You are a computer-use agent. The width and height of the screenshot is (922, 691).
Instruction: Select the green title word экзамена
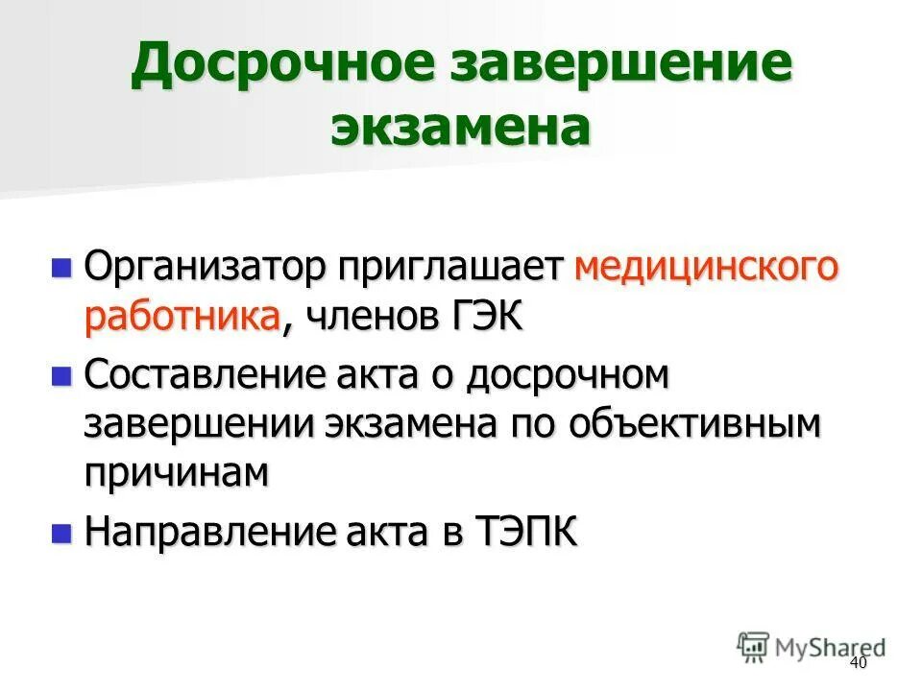click(460, 128)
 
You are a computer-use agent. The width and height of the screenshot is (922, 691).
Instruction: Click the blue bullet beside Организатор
click(61, 267)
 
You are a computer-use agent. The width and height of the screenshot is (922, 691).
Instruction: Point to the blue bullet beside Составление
click(61, 375)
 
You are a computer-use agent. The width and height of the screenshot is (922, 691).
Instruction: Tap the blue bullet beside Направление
click(61, 532)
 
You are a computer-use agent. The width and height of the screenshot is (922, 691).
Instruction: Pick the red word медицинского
click(705, 267)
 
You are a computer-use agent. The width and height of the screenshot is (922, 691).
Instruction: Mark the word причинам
click(174, 474)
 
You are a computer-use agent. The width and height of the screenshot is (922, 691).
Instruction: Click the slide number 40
click(858, 664)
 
